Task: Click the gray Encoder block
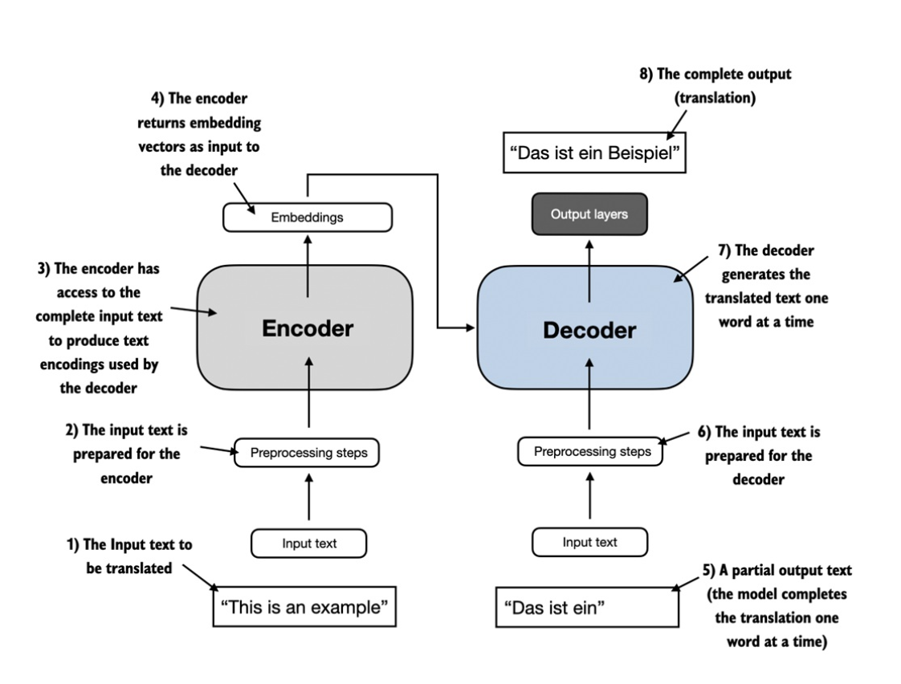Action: coord(304,328)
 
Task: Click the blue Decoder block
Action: coord(589,328)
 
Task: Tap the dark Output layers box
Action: coord(589,214)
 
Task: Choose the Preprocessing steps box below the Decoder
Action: coord(592,451)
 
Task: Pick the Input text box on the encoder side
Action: coord(308,544)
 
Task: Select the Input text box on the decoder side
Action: coord(589,543)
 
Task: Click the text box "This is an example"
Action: coord(304,607)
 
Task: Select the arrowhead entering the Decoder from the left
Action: coord(470,328)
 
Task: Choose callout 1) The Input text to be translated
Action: coord(128,556)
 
